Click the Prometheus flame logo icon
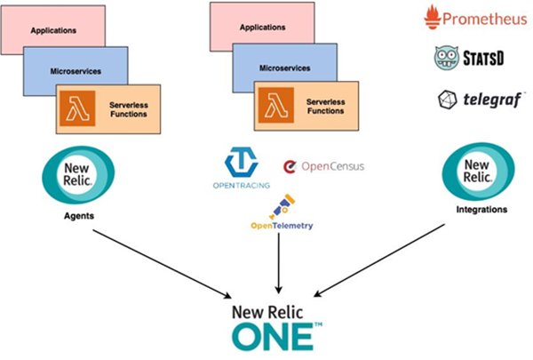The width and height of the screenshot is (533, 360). pyautogui.click(x=433, y=17)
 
